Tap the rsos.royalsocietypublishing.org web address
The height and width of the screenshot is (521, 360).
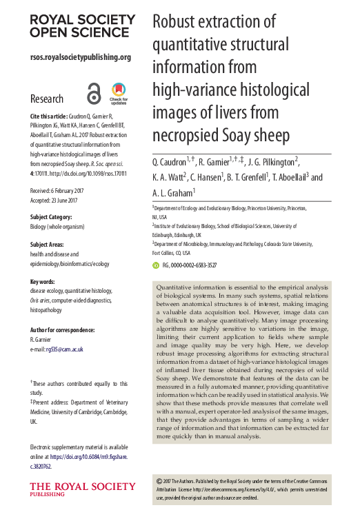81,57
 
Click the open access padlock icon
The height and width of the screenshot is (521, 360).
94,92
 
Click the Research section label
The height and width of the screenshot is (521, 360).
47,99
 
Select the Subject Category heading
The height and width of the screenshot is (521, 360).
56,214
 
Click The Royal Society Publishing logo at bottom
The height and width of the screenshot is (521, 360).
70,490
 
